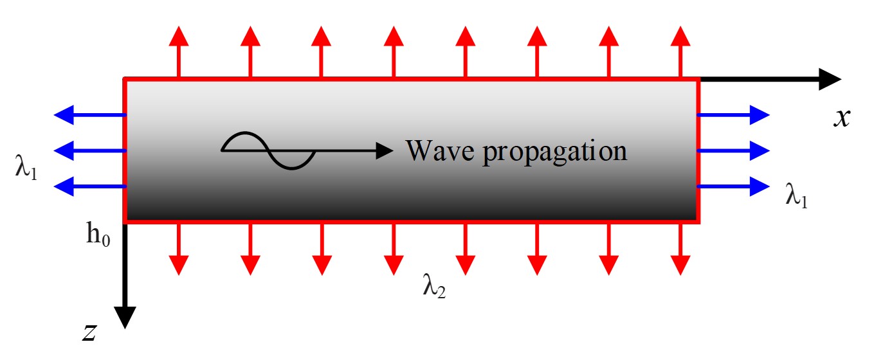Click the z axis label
point(89,332)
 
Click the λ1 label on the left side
point(26,168)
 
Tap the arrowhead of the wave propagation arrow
point(384,150)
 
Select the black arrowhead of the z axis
point(125,317)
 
